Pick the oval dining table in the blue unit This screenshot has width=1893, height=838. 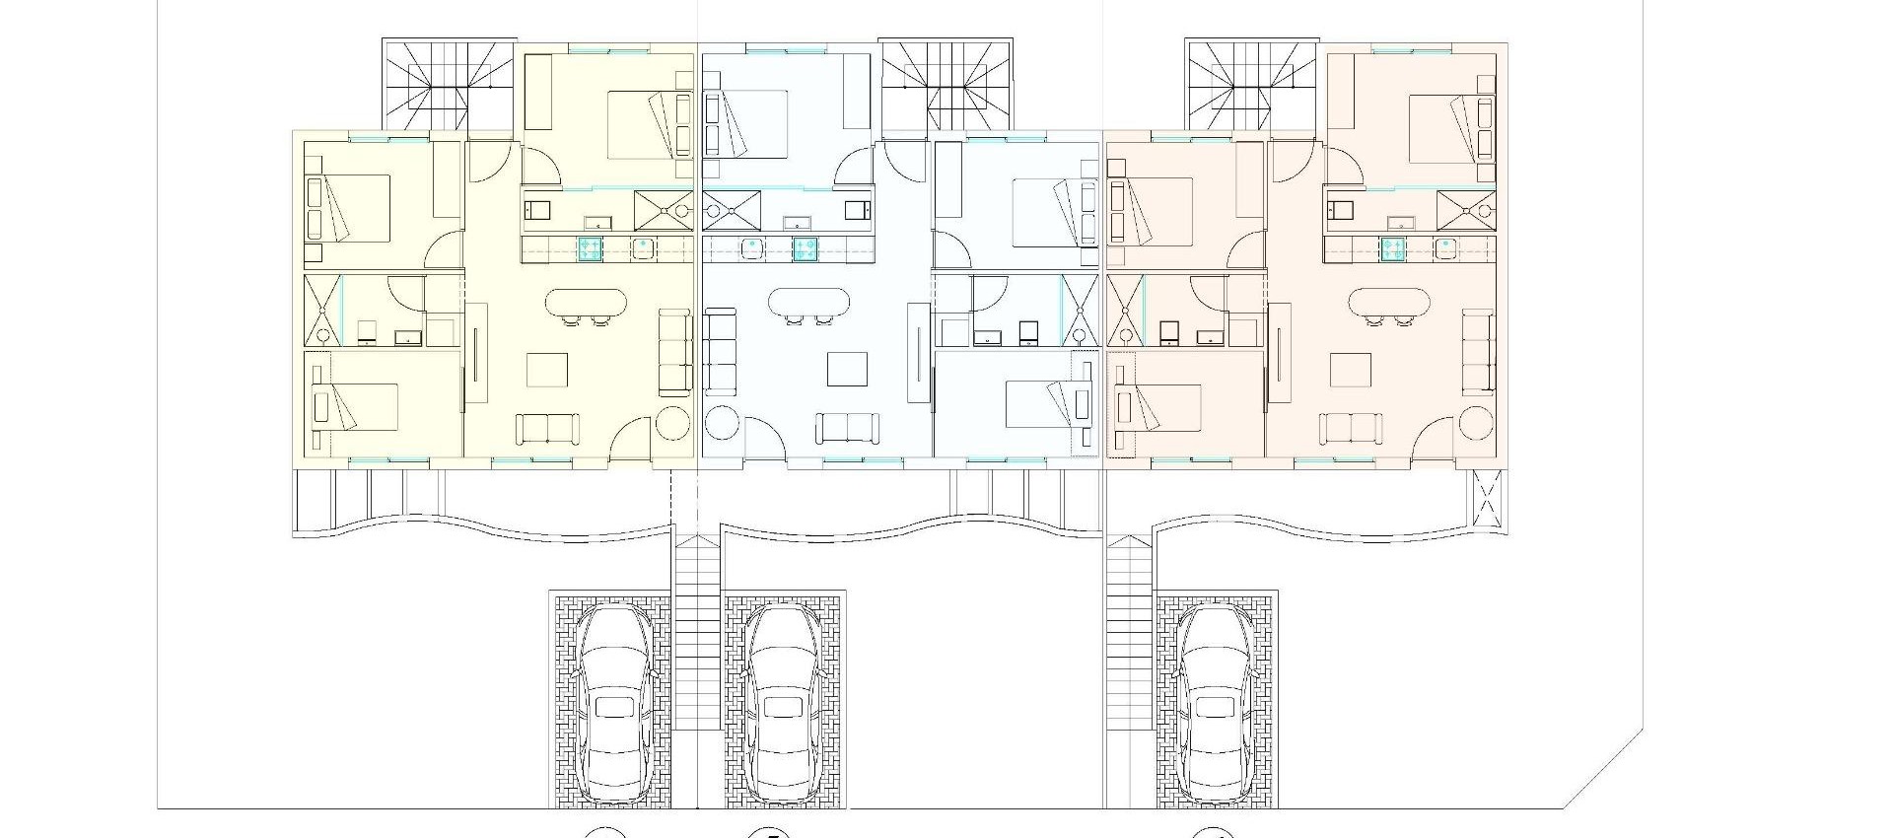(808, 304)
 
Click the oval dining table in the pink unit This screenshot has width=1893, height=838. (1388, 304)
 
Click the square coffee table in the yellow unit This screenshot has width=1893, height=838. (547, 371)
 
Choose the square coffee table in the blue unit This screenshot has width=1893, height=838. (847, 370)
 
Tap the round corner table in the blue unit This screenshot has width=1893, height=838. (723, 424)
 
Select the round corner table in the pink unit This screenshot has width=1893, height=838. (1476, 424)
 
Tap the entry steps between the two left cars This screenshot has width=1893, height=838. (697, 631)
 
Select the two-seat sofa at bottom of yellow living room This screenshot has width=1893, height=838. (547, 429)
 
